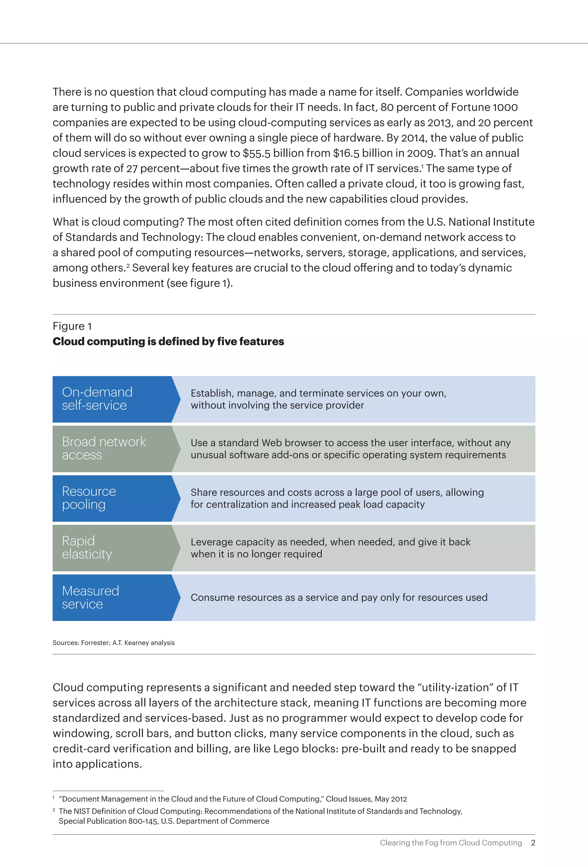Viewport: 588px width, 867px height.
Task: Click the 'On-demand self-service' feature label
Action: (x=97, y=398)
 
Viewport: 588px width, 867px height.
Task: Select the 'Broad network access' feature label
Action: (x=104, y=448)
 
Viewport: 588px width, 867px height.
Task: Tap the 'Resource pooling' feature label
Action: (x=89, y=498)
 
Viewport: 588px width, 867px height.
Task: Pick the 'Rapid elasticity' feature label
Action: (x=86, y=547)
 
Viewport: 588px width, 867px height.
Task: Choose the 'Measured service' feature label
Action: (x=90, y=597)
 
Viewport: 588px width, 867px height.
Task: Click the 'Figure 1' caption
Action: (x=72, y=326)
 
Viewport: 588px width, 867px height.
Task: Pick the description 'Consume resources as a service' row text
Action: (x=339, y=597)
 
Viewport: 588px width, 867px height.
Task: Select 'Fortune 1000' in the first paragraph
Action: (x=484, y=107)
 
